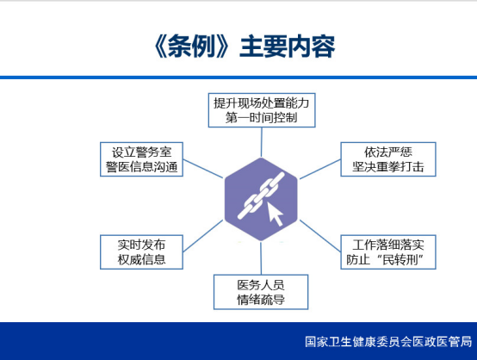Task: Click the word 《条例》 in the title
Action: click(x=191, y=47)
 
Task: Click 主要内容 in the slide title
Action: click(x=288, y=47)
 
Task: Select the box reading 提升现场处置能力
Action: click(x=262, y=110)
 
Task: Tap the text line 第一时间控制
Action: click(x=261, y=117)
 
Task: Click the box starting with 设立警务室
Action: click(x=141, y=159)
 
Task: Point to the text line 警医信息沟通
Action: click(x=141, y=167)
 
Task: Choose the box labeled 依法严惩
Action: click(x=388, y=159)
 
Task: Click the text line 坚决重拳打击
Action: click(x=388, y=167)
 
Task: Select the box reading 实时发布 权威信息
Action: click(x=141, y=252)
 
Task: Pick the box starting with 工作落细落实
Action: click(x=388, y=252)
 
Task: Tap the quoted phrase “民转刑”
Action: click(x=400, y=259)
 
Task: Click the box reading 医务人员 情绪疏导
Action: click(x=261, y=292)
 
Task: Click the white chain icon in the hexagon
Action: click(x=261, y=196)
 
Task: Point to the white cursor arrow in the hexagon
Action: click(x=275, y=214)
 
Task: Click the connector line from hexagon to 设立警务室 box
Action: click(x=203, y=169)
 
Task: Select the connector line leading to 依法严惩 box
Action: click(x=320, y=169)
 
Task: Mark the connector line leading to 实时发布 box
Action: click(x=203, y=236)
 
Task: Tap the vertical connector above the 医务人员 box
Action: click(x=261, y=258)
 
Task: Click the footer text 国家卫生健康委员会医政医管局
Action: click(x=388, y=342)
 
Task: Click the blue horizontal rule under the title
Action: click(x=238, y=78)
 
